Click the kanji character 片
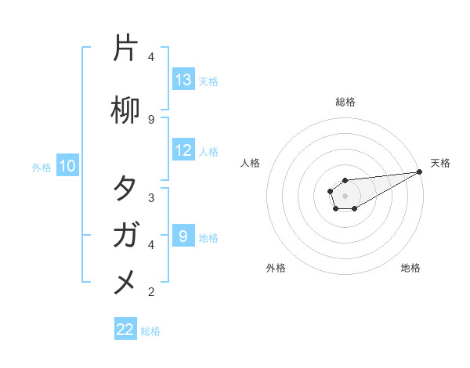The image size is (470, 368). (125, 49)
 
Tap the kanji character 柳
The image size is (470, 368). (125, 112)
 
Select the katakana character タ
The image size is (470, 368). (125, 189)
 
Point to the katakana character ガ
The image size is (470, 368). (125, 235)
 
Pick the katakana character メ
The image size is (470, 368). (125, 281)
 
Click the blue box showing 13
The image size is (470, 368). (183, 80)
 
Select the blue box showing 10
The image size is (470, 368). (67, 166)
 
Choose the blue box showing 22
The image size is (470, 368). (125, 330)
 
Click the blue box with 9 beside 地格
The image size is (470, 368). (183, 236)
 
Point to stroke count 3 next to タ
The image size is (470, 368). (151, 197)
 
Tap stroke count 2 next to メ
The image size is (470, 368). (151, 291)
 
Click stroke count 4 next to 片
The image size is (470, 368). (151, 57)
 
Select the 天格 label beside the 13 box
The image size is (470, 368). (208, 81)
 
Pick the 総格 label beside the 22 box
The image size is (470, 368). (150, 330)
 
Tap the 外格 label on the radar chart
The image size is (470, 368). (276, 268)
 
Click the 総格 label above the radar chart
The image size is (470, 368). (345, 102)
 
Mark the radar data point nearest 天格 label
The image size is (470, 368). (420, 171)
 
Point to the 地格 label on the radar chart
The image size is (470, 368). (410, 268)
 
